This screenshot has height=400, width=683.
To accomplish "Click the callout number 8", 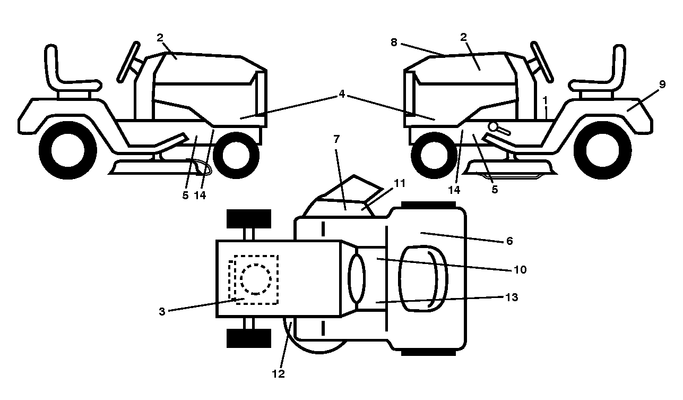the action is (x=394, y=42).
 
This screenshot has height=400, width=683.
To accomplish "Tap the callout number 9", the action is (x=662, y=84).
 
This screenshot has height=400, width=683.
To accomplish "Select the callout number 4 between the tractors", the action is (x=342, y=94).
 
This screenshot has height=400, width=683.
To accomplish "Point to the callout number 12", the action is (x=278, y=374).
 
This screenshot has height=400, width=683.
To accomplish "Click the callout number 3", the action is (x=162, y=311).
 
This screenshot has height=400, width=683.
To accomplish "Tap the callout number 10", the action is (x=520, y=270).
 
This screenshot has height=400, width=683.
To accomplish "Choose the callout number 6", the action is (x=509, y=241).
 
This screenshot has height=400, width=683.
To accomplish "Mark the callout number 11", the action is (x=400, y=183).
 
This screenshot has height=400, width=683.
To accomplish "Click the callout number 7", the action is (x=336, y=139).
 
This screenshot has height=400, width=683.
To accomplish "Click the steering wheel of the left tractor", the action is (x=128, y=62).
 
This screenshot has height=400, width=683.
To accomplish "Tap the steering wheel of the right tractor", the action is (x=542, y=62).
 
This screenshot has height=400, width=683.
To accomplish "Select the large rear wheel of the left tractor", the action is (x=68, y=150).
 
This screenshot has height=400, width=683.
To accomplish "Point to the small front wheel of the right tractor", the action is (x=434, y=156).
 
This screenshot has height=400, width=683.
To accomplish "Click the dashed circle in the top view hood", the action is (x=255, y=279).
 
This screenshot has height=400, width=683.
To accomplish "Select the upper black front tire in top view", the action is (x=249, y=219).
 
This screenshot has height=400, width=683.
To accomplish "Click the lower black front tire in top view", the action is (x=249, y=338).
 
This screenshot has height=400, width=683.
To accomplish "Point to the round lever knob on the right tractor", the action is (x=493, y=126).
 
